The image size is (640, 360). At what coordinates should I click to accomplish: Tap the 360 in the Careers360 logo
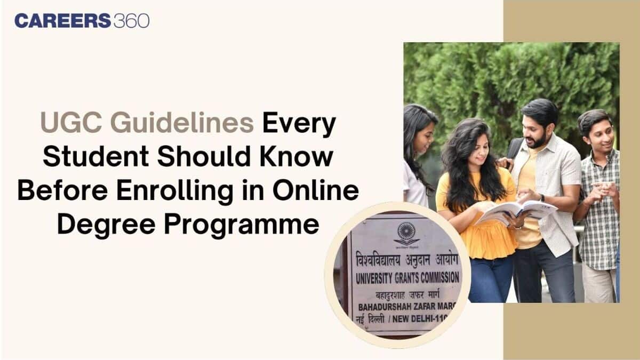(x=131, y=21)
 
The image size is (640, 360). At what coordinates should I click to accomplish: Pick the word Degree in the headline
(x=107, y=224)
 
